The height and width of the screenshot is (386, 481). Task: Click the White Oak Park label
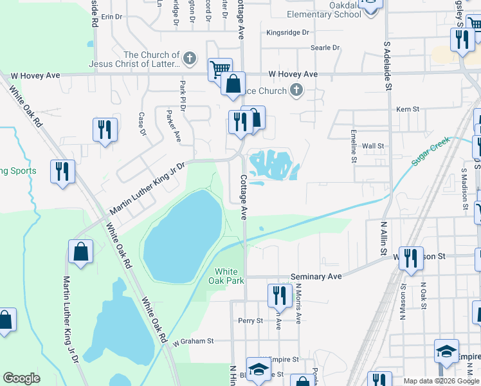(226, 276)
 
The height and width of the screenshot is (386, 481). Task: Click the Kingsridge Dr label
(287, 32)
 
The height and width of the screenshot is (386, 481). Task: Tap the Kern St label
(408, 109)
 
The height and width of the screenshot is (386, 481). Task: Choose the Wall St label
(373, 146)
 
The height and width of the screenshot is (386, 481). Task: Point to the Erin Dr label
(111, 17)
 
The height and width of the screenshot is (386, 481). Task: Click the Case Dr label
(143, 124)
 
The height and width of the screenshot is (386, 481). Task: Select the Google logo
(21, 378)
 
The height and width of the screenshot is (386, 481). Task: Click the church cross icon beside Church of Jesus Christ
(189, 59)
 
